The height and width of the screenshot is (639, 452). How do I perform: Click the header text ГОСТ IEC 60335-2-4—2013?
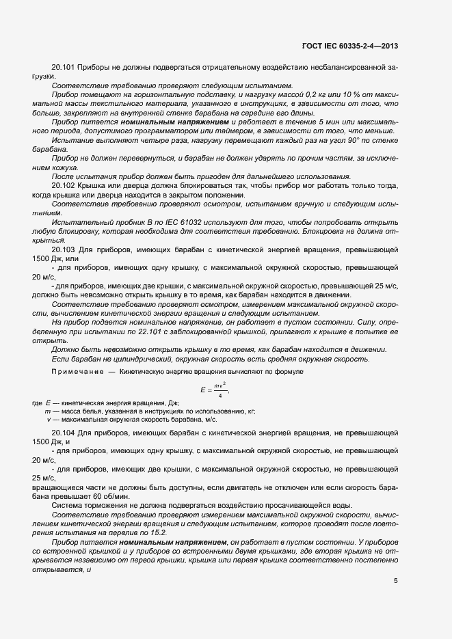(350, 46)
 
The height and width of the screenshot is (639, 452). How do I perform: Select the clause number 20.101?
(63, 68)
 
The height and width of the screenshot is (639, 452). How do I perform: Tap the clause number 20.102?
(63, 185)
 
